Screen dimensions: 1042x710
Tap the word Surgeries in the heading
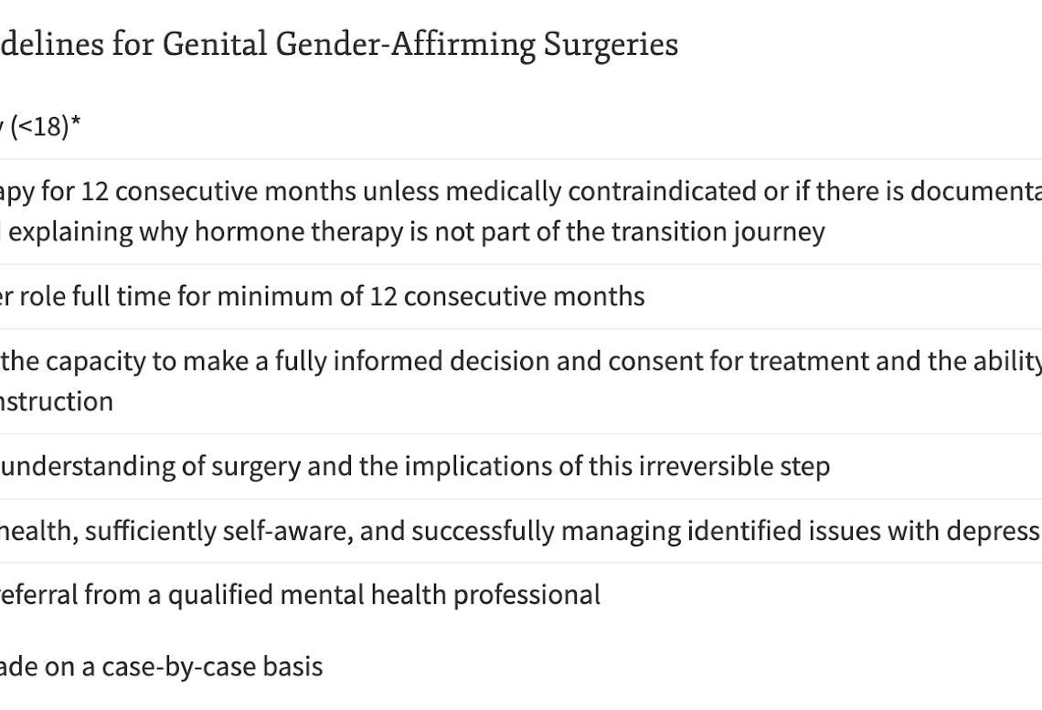pos(611,45)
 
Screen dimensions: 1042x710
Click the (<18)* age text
pos(46,125)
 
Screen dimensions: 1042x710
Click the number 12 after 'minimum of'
pos(384,296)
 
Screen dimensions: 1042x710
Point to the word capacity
pos(95,362)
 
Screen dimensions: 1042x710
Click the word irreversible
pos(707,466)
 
